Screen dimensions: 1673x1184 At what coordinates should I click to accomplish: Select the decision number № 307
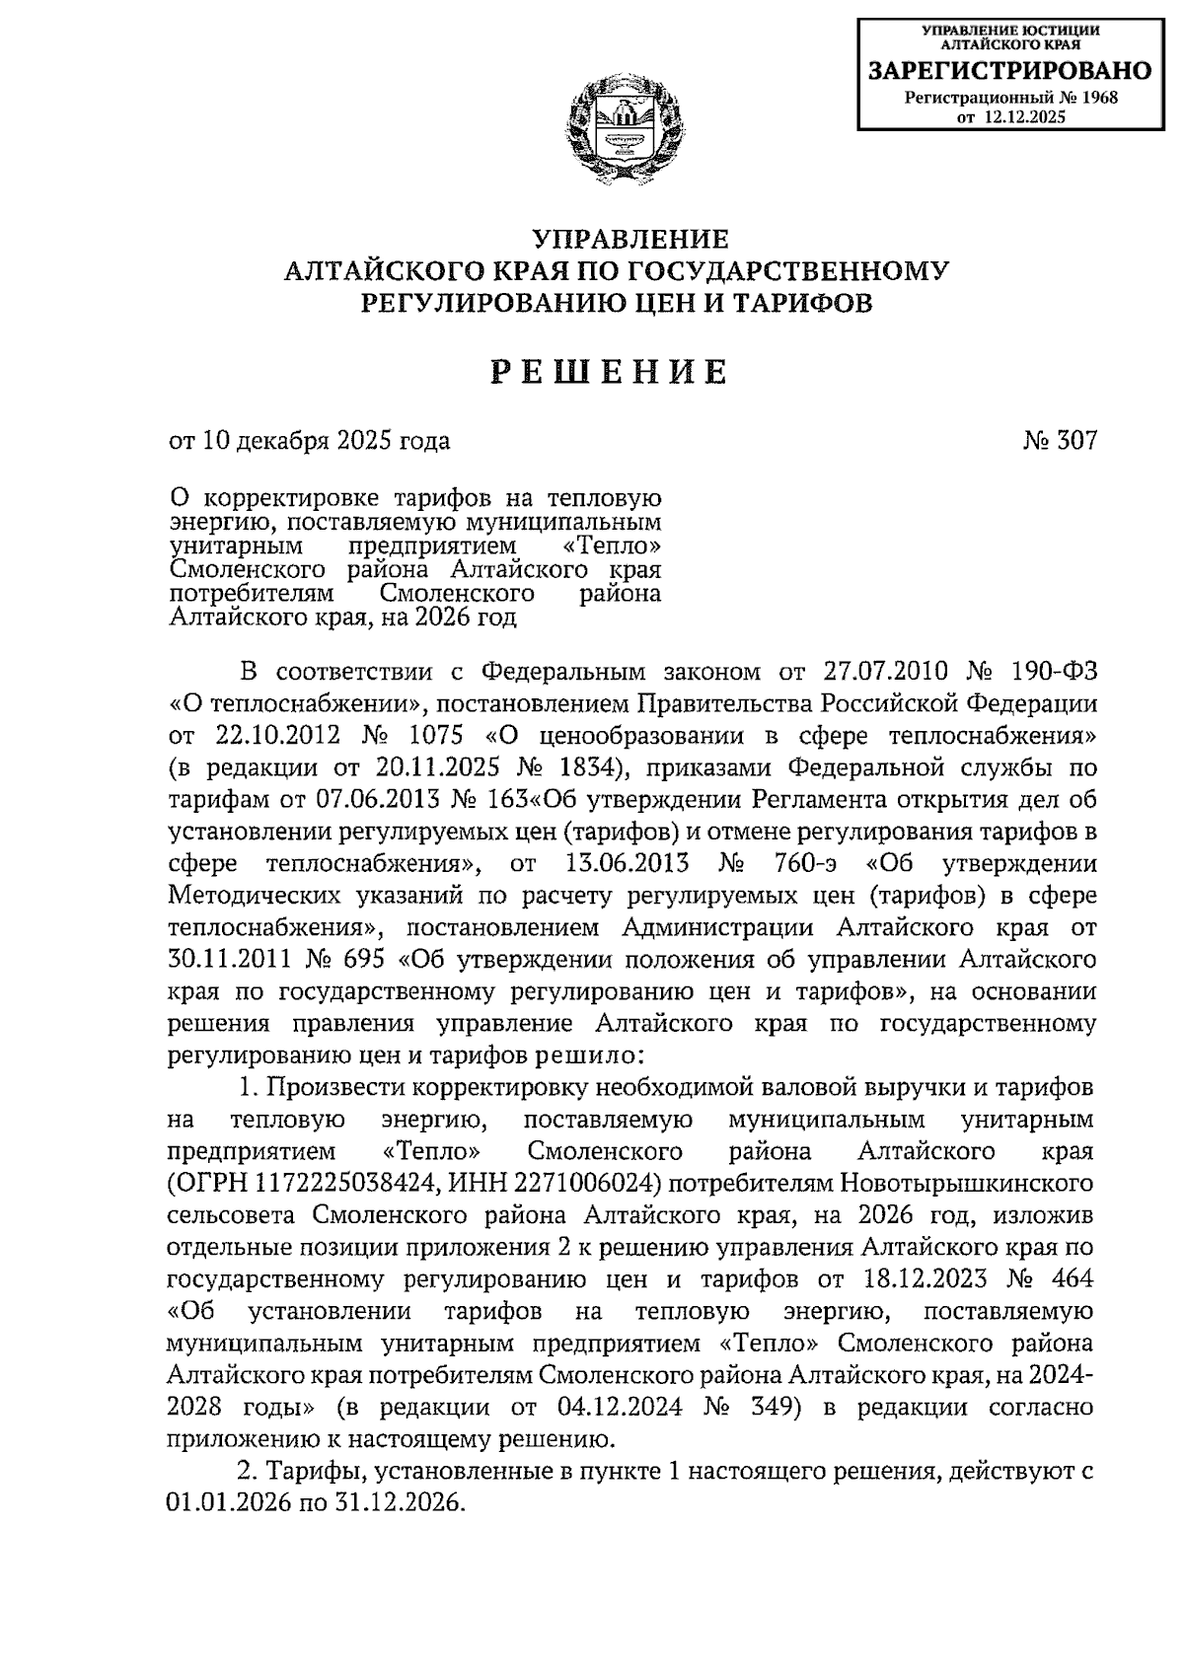[1060, 441]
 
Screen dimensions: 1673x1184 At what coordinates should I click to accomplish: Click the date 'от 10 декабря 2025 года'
[309, 441]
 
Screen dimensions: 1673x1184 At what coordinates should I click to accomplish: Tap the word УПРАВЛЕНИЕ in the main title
[630, 240]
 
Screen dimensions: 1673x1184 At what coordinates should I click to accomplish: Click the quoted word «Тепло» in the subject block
[615, 545]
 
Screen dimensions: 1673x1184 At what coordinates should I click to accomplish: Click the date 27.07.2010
[883, 673]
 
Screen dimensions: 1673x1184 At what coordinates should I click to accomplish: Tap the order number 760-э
[804, 863]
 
